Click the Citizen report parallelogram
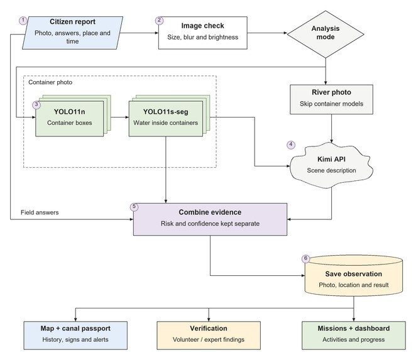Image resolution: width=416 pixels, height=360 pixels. pyautogui.click(x=72, y=33)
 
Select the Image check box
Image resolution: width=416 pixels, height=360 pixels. pyautogui.click(x=203, y=33)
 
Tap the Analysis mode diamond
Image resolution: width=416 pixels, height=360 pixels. pyautogui.click(x=326, y=34)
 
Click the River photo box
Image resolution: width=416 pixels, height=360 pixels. pyautogui.click(x=331, y=99)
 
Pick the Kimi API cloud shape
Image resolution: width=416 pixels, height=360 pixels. pyautogui.click(x=331, y=165)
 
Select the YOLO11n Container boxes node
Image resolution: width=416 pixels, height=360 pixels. pyautogui.click(x=70, y=119)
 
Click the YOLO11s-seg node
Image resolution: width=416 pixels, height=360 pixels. pyautogui.click(x=166, y=119)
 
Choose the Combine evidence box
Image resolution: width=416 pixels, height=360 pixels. pyautogui.click(x=210, y=219)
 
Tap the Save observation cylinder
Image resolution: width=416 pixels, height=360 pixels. pyautogui.click(x=354, y=276)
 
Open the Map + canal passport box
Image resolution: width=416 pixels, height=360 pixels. pyautogui.click(x=75, y=335)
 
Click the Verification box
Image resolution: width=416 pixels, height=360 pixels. pyautogui.click(x=209, y=335)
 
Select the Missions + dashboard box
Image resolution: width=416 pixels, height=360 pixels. pyautogui.click(x=354, y=335)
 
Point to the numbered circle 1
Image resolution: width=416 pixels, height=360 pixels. pyautogui.click(x=23, y=21)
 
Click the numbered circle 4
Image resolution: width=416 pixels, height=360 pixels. pyautogui.click(x=291, y=145)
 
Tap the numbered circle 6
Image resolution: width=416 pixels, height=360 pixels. pyautogui.click(x=306, y=259)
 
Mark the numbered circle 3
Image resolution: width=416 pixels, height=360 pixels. pyautogui.click(x=36, y=105)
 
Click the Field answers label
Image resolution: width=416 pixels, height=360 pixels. pyautogui.click(x=40, y=212)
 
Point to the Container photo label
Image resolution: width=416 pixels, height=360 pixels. pyautogui.click(x=50, y=82)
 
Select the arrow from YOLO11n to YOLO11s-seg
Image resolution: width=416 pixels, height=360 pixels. pyautogui.click(x=120, y=117)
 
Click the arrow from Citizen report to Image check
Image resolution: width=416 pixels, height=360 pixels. pyautogui.click(x=139, y=33)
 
